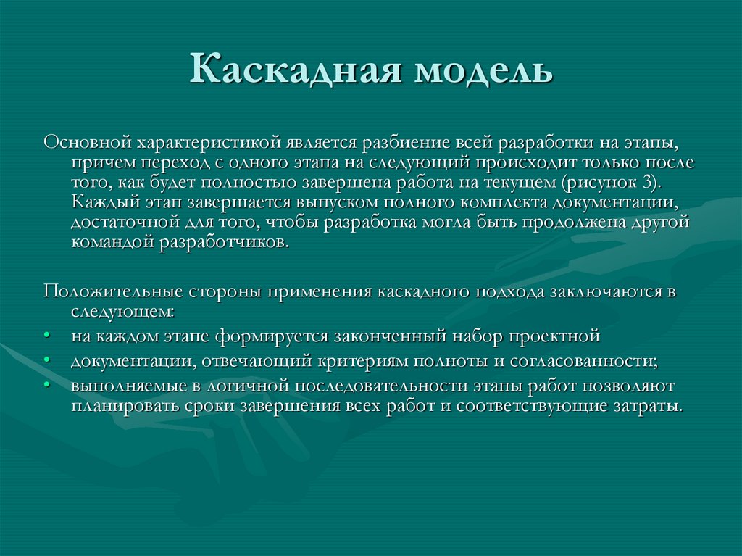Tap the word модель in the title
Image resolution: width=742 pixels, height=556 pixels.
tap(483, 72)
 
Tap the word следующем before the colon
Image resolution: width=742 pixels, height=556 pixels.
tap(121, 312)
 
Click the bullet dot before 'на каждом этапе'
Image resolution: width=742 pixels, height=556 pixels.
tap(46, 337)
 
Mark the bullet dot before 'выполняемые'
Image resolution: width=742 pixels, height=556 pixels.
tap(46, 386)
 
